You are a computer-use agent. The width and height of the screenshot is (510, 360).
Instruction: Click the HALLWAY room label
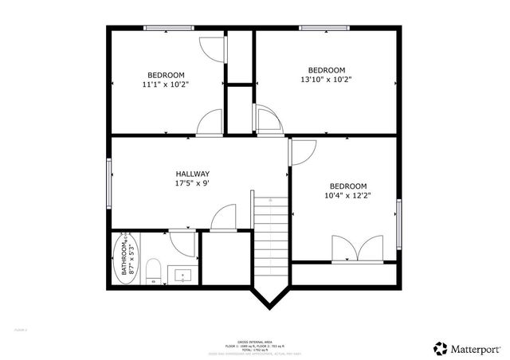click(192, 174)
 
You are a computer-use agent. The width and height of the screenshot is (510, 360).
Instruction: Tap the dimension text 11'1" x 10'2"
click(166, 84)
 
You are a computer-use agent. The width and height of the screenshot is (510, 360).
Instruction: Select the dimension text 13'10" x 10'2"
click(326, 79)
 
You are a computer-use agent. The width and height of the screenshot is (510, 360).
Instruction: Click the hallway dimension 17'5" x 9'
click(192, 184)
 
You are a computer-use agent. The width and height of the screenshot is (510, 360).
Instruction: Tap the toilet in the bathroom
click(155, 271)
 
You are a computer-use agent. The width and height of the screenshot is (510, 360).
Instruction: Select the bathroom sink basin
click(182, 276)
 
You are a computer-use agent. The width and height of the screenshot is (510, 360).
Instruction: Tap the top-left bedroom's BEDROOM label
click(166, 75)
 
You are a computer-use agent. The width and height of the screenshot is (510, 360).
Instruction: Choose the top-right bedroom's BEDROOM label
click(326, 69)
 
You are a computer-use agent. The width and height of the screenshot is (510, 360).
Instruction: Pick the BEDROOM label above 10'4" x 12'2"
click(348, 186)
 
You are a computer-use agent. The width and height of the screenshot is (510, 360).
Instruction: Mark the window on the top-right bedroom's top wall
click(325, 29)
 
